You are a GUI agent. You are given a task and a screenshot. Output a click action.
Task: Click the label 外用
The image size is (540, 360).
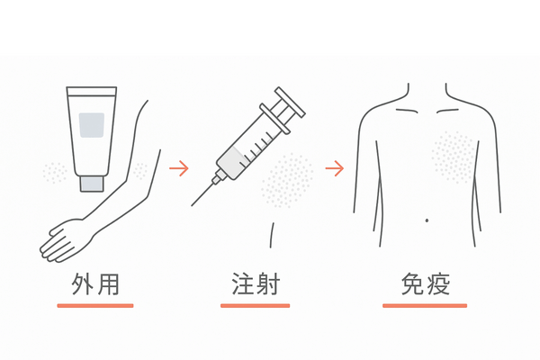95,285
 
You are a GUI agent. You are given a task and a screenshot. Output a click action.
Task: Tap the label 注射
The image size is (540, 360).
256,285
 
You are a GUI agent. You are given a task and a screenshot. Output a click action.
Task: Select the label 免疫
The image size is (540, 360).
425,285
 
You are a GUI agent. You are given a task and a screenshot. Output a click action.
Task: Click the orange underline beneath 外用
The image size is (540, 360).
95,306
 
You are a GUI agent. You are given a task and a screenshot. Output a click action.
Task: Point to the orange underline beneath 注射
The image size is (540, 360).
256,306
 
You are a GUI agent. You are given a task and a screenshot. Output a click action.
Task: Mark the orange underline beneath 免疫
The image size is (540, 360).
425,306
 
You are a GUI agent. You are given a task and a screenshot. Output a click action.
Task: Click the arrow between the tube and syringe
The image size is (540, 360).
179,167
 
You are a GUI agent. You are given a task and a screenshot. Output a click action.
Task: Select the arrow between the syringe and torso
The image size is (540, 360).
335,167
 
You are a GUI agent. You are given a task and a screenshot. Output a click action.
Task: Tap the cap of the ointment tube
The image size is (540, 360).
92,182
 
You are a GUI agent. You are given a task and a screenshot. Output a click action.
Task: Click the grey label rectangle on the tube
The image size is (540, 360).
93,124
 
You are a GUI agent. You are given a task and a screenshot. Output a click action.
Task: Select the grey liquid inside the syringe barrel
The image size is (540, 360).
232,161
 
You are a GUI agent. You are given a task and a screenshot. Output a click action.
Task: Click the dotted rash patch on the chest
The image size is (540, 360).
453,157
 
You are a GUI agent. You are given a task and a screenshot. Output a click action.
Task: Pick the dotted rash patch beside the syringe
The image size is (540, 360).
286,180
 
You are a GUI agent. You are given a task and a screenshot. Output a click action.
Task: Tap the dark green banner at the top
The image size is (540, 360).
270,26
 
